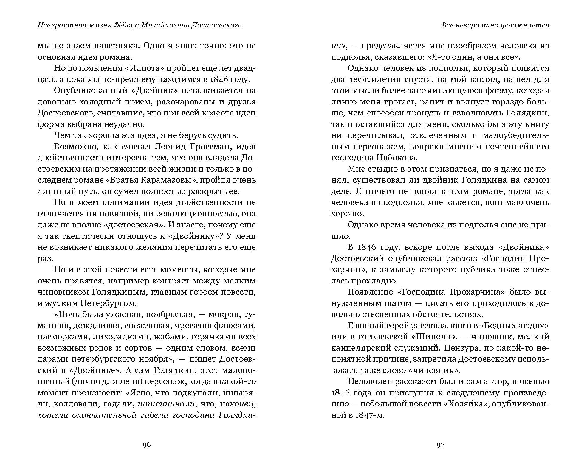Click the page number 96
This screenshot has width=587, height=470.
click(x=147, y=445)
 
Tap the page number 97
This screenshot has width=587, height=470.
click(x=440, y=445)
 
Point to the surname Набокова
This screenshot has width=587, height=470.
click(x=393, y=158)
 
